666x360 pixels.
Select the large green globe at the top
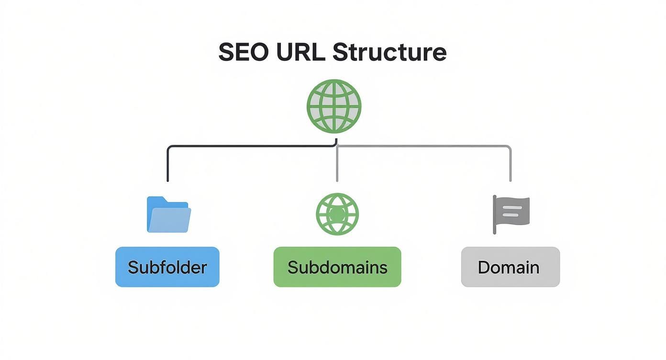[x=333, y=106]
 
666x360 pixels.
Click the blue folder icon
[x=168, y=215]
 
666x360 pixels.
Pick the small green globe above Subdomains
[x=337, y=214]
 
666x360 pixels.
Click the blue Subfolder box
[x=167, y=267]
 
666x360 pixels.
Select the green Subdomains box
[x=337, y=267]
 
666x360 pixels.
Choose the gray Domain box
[x=510, y=267]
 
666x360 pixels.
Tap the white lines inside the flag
[x=511, y=211]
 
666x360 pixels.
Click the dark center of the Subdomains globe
[x=337, y=214]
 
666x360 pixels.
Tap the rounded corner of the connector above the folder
[x=169, y=148]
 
